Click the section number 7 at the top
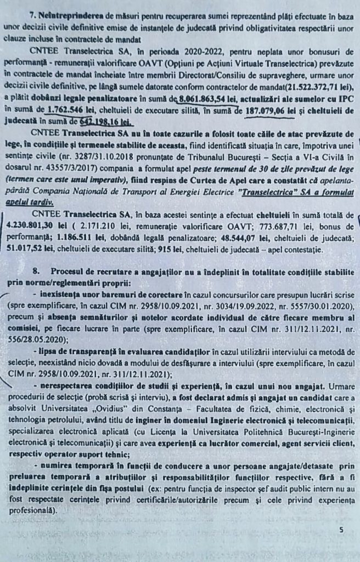point(32,12)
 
